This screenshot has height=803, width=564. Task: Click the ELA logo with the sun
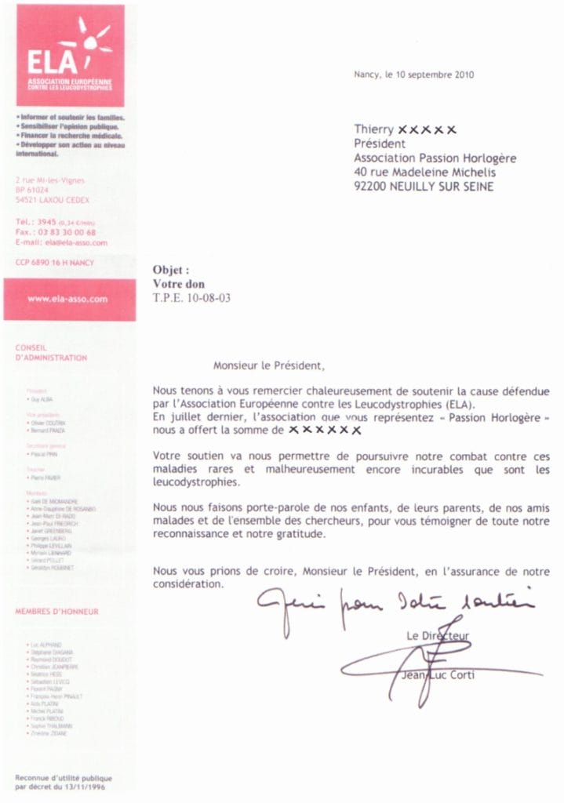(x=70, y=55)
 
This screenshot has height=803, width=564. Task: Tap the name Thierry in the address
(x=373, y=129)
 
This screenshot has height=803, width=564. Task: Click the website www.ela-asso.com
(x=68, y=299)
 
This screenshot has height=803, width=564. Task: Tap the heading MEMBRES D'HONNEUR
(x=57, y=611)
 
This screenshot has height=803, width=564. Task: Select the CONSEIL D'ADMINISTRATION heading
(x=51, y=352)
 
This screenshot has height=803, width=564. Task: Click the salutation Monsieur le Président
(x=267, y=365)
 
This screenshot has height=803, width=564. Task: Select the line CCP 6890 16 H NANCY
(x=54, y=262)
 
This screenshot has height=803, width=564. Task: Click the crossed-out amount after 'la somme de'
(x=324, y=430)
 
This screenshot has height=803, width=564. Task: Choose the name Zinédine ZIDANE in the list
(x=49, y=733)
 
